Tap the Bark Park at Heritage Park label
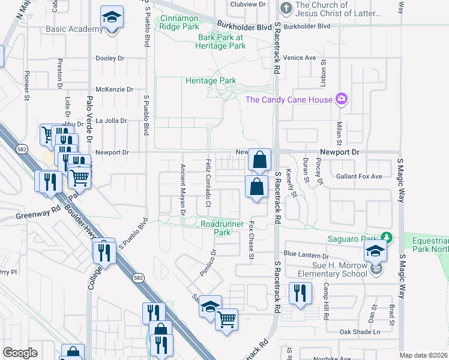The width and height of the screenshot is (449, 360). [222, 41]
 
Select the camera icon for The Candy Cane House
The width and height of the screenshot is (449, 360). [342, 99]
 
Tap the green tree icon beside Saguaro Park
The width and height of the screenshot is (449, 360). [387, 239]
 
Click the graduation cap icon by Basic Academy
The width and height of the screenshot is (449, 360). [111, 19]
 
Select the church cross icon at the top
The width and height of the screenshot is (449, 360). [286, 9]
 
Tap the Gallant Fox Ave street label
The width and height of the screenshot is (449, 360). [360, 176]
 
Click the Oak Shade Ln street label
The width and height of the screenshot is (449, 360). [360, 332]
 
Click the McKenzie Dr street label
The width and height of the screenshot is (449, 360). [114, 89]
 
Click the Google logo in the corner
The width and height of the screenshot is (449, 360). [20, 352]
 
